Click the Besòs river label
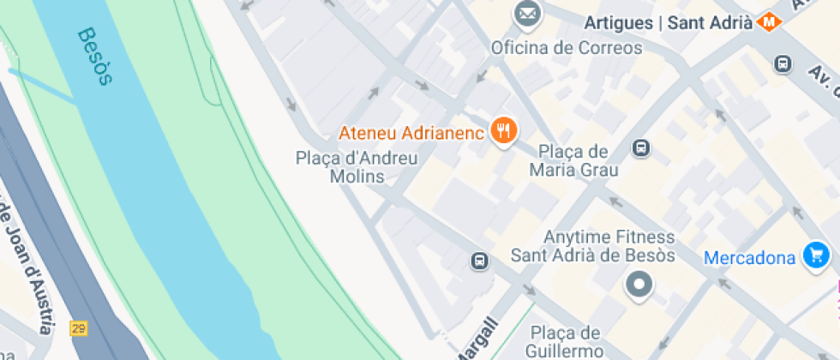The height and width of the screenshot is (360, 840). click(94, 57)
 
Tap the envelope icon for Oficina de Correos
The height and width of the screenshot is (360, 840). click(527, 15)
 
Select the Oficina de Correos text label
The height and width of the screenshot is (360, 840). click(566, 48)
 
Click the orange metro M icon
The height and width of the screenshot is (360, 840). click(771, 22)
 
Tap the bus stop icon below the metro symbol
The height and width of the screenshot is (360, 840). click(782, 63)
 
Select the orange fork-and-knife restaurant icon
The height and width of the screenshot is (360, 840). click(503, 131)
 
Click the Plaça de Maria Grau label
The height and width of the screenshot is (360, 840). click(573, 160)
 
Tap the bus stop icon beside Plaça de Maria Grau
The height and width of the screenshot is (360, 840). click(640, 148)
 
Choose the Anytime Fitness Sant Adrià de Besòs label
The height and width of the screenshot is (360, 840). click(593, 246)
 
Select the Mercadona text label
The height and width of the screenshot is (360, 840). click(751, 257)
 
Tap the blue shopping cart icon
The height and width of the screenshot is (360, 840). click(815, 255)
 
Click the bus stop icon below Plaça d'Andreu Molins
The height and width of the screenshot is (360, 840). click(479, 261)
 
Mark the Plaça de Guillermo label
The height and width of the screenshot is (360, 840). click(566, 341)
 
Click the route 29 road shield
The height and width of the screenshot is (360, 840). click(79, 327)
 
